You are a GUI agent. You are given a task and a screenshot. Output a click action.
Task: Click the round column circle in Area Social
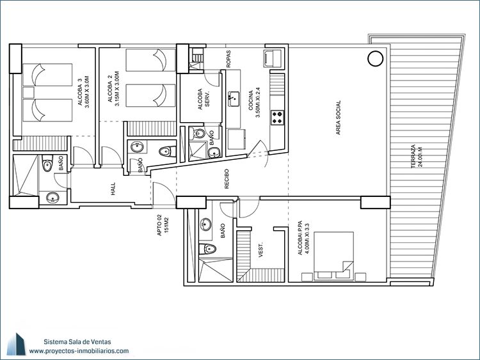click(x=375, y=58)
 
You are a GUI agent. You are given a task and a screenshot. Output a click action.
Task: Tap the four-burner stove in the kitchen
click(x=277, y=118)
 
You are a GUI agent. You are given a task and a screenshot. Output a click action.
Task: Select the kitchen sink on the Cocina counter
click(x=234, y=99)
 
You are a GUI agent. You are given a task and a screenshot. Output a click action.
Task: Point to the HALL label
click(x=113, y=189)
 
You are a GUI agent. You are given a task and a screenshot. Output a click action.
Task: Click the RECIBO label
click(x=227, y=179)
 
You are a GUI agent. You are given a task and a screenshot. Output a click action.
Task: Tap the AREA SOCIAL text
click(x=339, y=118)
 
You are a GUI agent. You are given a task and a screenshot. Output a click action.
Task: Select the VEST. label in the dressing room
click(x=261, y=250)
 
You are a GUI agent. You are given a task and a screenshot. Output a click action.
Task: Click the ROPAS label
click(x=228, y=59)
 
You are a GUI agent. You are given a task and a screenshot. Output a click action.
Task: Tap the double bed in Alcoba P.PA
click(x=333, y=256)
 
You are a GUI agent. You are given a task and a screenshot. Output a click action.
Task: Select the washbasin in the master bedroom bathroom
click(x=205, y=225)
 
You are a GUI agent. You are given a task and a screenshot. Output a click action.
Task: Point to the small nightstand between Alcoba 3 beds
click(x=28, y=93)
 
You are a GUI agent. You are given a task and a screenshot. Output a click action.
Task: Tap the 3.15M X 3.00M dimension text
click(x=117, y=89)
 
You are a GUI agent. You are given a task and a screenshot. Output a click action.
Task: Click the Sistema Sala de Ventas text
click(x=77, y=341)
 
